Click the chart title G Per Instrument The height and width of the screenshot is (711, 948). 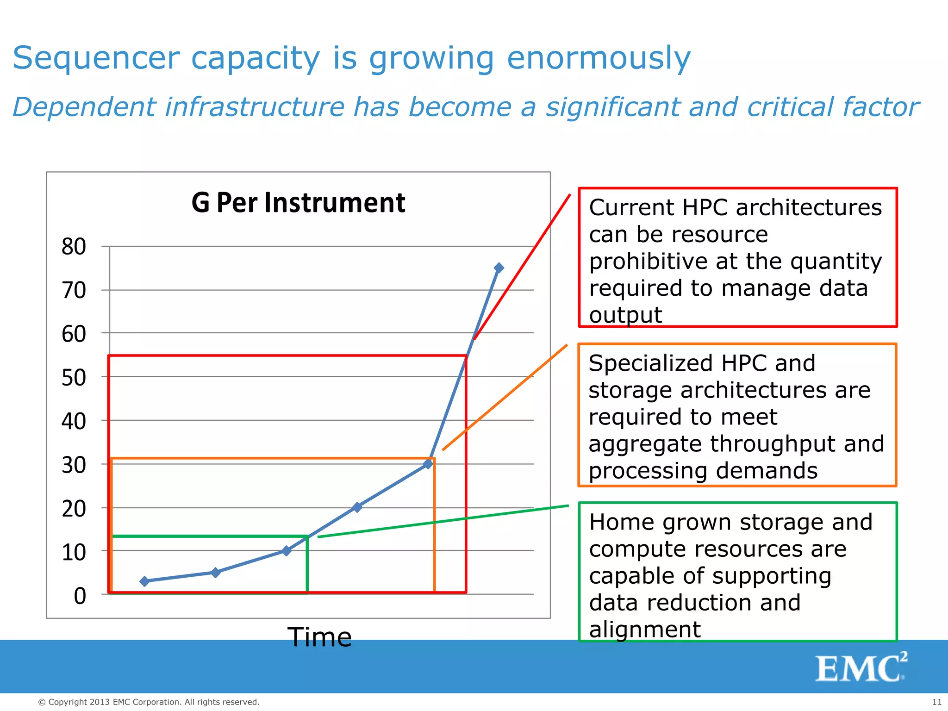(x=298, y=203)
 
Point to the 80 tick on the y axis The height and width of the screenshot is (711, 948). (x=74, y=247)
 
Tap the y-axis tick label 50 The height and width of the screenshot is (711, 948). (x=74, y=378)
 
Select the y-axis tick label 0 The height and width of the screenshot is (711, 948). (x=80, y=596)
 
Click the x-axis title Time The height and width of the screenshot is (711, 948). (x=319, y=637)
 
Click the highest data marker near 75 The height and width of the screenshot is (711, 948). (x=499, y=268)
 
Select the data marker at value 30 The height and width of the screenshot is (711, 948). (x=428, y=463)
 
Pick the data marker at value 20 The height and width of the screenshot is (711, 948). (x=357, y=507)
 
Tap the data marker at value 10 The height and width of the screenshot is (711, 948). (x=287, y=550)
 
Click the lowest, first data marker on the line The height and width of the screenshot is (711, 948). (x=144, y=581)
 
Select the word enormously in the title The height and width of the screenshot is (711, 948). (x=599, y=58)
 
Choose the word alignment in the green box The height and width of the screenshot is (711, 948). (x=645, y=630)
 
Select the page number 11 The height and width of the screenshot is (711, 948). (x=936, y=702)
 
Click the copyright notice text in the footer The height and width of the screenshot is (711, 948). (x=149, y=702)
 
